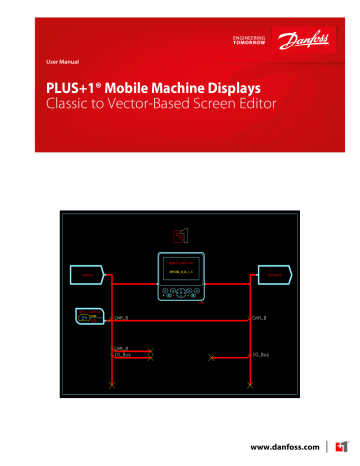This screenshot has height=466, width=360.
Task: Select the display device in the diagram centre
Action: click(x=180, y=273)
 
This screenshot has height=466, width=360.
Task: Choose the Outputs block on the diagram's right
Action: click(x=273, y=273)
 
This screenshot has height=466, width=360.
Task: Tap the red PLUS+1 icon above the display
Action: click(x=180, y=235)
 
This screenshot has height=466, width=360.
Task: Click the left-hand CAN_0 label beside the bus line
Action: click(x=122, y=316)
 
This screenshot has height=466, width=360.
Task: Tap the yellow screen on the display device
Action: click(x=180, y=268)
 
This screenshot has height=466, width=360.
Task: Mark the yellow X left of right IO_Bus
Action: click(x=209, y=357)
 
